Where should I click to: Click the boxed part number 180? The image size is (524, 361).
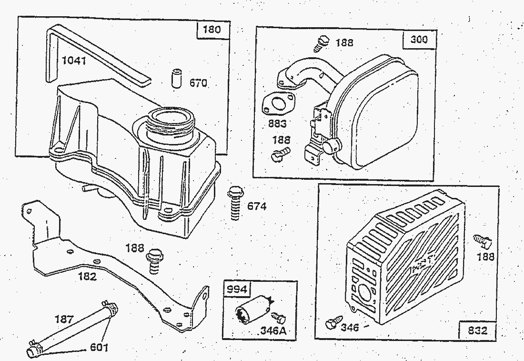212,30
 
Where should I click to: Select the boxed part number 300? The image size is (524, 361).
419,40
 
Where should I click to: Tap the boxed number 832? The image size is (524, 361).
477,330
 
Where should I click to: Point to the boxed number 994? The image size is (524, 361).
237,289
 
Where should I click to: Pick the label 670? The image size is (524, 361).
198,83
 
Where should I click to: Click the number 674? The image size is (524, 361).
257,206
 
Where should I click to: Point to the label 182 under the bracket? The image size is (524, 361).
87,277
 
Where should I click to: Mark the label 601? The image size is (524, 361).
99,347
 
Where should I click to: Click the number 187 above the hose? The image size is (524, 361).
64,319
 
